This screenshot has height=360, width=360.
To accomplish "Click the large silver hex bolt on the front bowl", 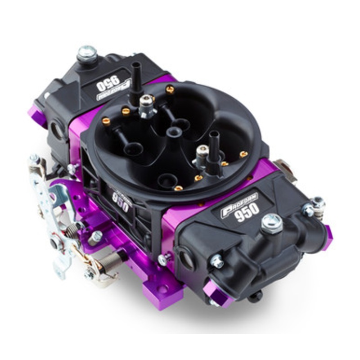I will pyautogui.click(x=271, y=223).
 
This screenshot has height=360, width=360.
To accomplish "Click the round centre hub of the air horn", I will pyautogui.click(x=173, y=132).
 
